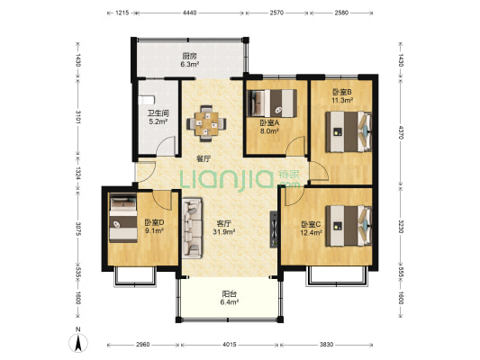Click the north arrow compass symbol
click(78, 343)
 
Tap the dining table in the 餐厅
click(206, 123)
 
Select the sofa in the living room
click(192, 228)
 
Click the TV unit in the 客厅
click(274, 229)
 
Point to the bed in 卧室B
click(349, 131)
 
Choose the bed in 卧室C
click(349, 226)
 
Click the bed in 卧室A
click(272, 103)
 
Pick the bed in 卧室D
click(123, 219)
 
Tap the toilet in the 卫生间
click(146, 100)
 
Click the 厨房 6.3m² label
click(189, 60)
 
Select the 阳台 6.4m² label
click(230, 298)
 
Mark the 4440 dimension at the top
click(189, 13)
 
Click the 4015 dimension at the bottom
click(230, 345)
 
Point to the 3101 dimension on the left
click(78, 117)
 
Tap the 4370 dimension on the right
click(401, 131)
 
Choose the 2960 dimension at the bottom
click(142, 345)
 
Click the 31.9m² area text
click(224, 232)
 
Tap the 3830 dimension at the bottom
click(326, 345)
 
